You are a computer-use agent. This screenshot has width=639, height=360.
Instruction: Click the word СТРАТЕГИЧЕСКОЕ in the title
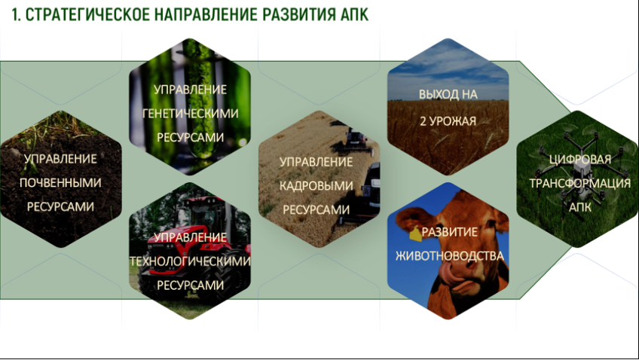pos(87,14)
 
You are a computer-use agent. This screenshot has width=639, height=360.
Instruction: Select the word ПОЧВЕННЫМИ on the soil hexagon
pos(60,183)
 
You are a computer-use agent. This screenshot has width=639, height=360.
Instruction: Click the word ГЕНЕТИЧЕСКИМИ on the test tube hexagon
pos(191,114)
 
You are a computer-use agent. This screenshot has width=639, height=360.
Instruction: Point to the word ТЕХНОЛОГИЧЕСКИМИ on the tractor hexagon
pos(190,261)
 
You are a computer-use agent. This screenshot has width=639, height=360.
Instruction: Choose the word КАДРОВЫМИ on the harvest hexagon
pos(316,186)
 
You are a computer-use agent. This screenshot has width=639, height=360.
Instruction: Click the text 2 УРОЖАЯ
pos(448,121)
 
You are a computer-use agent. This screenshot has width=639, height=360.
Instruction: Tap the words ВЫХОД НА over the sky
pos(448,94)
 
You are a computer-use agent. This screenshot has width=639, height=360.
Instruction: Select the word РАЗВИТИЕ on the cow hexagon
pos(450,232)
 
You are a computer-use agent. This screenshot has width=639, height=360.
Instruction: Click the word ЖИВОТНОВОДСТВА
pos(450,256)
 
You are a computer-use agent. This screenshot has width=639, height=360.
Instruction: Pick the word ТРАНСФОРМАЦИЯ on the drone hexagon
pos(580,183)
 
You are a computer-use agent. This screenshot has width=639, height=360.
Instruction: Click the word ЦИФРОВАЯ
pos(580,159)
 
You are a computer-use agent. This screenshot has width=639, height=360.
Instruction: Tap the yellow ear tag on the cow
pos(415,234)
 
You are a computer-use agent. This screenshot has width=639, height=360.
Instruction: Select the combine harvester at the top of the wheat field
pos(356,139)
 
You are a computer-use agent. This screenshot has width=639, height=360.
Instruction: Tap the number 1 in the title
pos(16,14)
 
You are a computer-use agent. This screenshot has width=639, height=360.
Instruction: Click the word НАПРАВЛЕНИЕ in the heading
pos(206,14)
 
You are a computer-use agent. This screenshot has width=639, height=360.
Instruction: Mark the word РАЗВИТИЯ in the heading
pos(298,14)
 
